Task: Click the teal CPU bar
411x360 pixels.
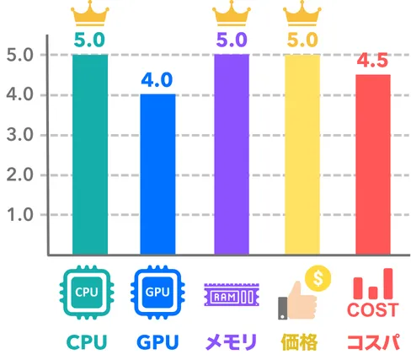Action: coord(90,154)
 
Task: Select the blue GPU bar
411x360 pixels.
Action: coord(157,175)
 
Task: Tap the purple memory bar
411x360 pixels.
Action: coord(232,154)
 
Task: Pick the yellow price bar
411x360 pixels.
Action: coord(302,154)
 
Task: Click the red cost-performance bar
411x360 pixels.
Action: coord(373,164)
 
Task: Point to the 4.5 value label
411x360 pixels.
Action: coord(372,60)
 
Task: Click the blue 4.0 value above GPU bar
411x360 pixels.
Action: coord(157,80)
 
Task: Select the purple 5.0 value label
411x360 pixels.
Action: coord(232,40)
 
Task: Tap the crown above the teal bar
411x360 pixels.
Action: coord(90,13)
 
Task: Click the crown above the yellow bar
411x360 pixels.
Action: coord(302,13)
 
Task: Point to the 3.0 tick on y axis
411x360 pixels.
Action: coord(19,135)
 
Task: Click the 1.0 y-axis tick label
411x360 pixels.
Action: coord(19,215)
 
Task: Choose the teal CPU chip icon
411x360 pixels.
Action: coord(87,293)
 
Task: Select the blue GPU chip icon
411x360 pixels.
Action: coord(157,293)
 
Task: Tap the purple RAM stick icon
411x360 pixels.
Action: coord(232,294)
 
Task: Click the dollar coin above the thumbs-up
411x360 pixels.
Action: coord(318,278)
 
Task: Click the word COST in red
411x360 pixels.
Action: coord(373,310)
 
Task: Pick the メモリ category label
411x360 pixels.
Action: coord(232,342)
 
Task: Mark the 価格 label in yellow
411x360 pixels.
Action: coord(299,342)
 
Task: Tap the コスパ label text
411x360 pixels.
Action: coord(374,342)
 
